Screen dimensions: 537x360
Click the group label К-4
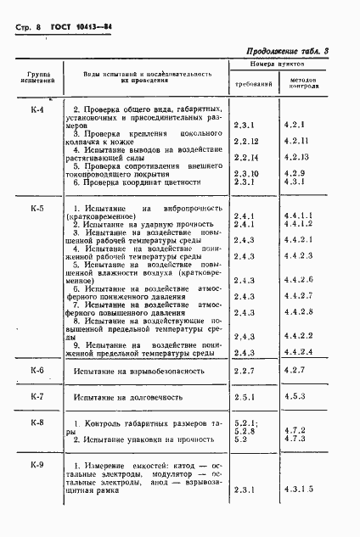click(x=37, y=110)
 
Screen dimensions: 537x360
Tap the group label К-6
click(x=37, y=371)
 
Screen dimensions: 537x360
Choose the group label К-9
click(x=37, y=464)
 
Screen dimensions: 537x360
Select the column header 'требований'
click(x=252, y=85)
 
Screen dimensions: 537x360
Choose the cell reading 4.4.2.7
click(x=300, y=294)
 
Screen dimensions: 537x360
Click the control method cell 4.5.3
click(x=295, y=397)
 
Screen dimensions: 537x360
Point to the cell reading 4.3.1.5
click(x=300, y=489)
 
